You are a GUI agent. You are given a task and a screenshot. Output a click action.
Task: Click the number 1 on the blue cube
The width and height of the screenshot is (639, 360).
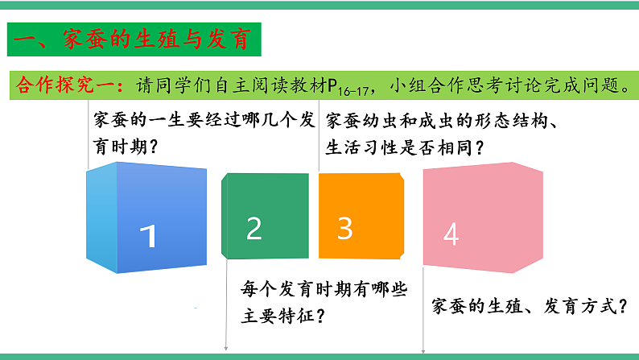click(x=147, y=236)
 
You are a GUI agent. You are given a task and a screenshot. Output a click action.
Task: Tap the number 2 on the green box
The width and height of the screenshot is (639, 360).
click(x=254, y=230)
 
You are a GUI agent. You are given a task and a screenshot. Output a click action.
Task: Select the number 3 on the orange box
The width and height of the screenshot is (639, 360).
click(x=345, y=229)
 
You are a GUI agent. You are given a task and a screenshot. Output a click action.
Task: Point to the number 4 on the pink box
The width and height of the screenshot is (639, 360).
click(x=451, y=234)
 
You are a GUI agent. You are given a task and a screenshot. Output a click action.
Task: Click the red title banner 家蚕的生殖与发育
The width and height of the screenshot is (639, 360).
click(x=134, y=38)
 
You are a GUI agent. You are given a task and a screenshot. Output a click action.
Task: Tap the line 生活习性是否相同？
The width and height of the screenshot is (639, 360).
click(x=404, y=147)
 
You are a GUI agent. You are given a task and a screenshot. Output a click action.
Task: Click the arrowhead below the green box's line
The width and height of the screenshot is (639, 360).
click(x=226, y=349)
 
